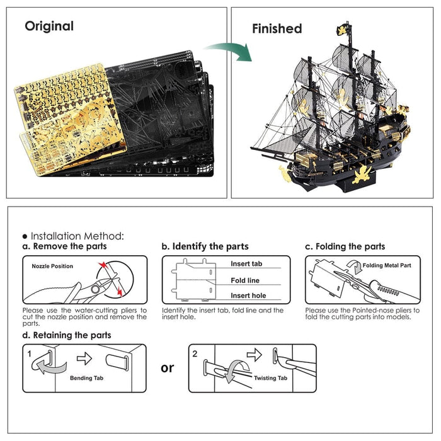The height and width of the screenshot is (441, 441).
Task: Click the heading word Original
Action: pos(49,26)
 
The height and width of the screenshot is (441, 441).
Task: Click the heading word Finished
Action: pos(277,28)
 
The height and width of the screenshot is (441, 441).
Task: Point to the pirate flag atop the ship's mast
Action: pos(344,28)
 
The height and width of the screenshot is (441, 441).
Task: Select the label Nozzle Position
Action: pos(52,266)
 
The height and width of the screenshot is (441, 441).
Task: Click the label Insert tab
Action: pos(246,264)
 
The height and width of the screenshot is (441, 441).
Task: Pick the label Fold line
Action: pos(245,280)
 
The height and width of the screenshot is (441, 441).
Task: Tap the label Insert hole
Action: pos(248,295)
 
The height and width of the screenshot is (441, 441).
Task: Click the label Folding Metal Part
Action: pos(387,265)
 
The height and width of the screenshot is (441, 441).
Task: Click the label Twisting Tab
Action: pos(270,378)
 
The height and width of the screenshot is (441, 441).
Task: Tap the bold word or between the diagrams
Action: pos(167,367)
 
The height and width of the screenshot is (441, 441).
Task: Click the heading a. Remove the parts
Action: pos(64,246)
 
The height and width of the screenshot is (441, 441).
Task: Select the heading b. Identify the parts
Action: pos(205,246)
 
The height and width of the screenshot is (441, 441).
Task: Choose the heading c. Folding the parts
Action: pos(345,246)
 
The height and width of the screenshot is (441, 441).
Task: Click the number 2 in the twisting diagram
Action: pos(195,354)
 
